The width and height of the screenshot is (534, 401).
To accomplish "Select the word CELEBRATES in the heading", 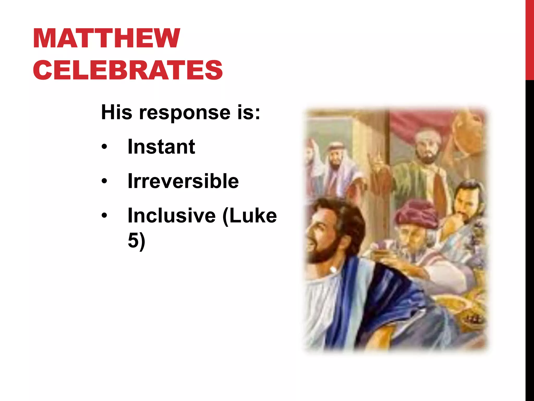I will [x=128, y=70].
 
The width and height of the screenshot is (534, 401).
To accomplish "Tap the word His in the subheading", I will [x=116, y=112].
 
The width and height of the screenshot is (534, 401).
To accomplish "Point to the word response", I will [x=185, y=113].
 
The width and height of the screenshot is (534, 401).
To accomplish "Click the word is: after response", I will [x=249, y=112].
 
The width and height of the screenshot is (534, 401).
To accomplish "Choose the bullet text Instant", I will [x=161, y=146].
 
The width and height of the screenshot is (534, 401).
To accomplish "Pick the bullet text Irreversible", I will [x=183, y=181].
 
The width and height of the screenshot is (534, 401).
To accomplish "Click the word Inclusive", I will [x=172, y=215].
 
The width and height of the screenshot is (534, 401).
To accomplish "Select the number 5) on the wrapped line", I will [x=136, y=240].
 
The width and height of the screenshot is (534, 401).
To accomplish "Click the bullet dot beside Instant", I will [x=104, y=147].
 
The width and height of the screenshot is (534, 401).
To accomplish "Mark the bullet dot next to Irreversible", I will [x=104, y=181].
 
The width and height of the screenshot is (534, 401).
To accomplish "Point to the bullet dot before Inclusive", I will [x=104, y=215].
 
